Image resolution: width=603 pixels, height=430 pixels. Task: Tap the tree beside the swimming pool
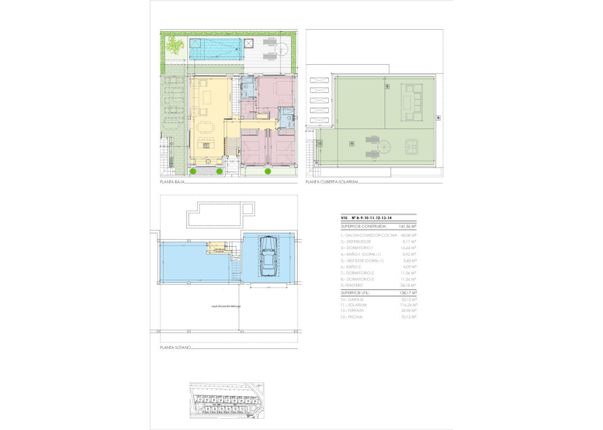[x=174, y=46]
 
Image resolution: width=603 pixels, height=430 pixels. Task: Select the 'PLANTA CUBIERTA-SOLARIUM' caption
[x=331, y=182]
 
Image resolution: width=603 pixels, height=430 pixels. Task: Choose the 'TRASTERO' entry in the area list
[x=352, y=285]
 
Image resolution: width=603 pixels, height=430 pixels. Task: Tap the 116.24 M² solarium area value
[x=409, y=305]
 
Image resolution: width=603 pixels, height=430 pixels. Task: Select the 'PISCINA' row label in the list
[x=353, y=317]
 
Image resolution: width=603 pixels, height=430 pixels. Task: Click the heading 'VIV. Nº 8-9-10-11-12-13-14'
[x=366, y=217]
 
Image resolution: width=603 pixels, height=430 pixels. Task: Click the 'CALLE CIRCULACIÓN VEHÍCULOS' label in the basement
[x=226, y=306]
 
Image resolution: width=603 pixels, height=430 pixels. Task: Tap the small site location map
[x=227, y=400]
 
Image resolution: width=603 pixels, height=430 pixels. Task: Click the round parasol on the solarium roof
[x=384, y=146]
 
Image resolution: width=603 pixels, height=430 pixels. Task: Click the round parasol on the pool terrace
[x=282, y=48]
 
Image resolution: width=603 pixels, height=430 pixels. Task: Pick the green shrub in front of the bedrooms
[x=268, y=172]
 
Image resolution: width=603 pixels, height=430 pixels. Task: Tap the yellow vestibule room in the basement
[x=215, y=247]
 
